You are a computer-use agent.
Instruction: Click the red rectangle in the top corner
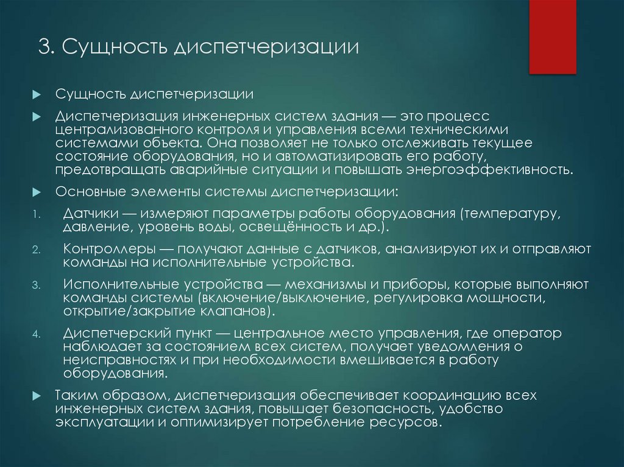552,37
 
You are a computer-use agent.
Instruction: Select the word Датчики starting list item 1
89,215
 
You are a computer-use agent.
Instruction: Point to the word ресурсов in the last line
406,422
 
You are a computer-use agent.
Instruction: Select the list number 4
36,334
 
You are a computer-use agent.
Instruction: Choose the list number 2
36,250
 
